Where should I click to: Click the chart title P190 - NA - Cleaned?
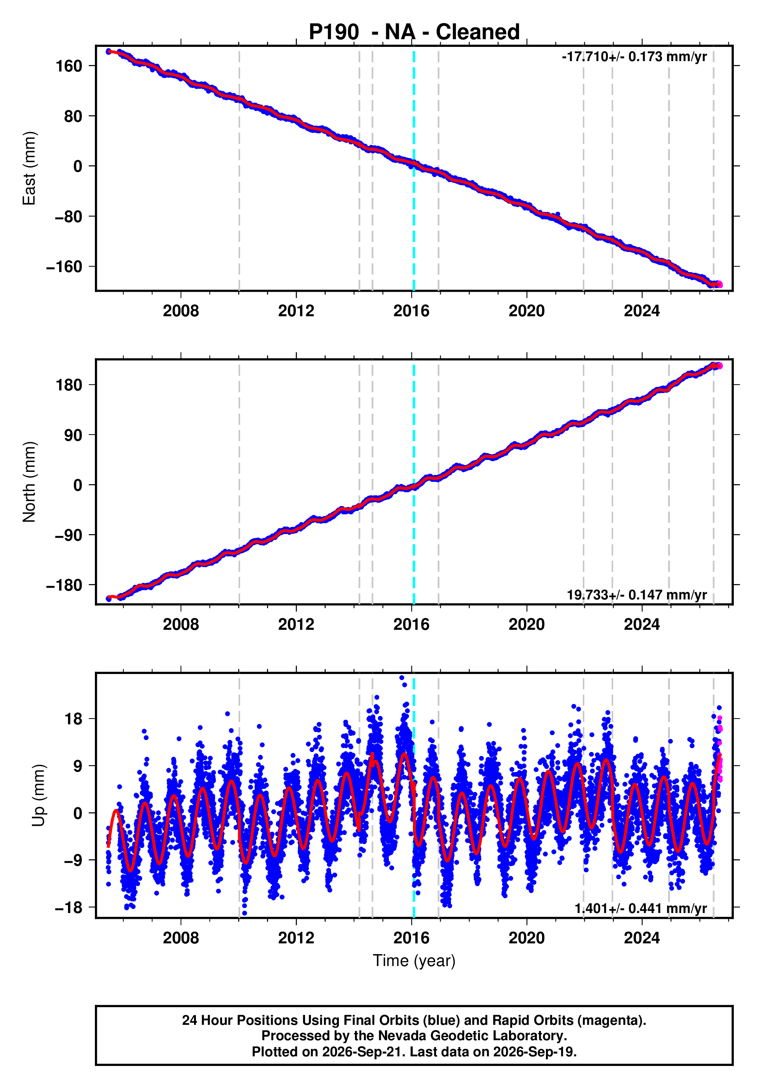point(414,32)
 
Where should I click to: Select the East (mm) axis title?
point(29,168)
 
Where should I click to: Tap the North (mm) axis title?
point(29,482)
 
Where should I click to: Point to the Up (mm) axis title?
point(39,795)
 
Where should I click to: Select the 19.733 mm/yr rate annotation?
point(637,595)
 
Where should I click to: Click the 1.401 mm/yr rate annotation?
point(641,908)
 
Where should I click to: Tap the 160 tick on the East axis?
point(69,66)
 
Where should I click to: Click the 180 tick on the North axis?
point(69,385)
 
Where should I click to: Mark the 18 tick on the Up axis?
point(73,719)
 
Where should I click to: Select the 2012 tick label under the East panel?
point(296,311)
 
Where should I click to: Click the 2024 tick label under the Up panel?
point(642,938)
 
